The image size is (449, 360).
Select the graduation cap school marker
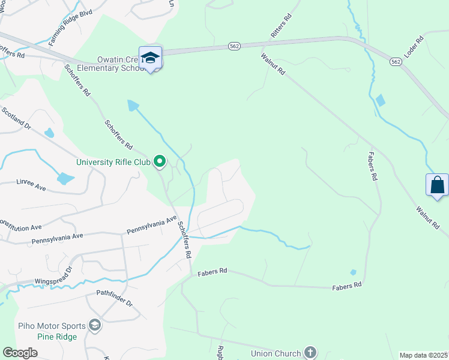pos(150,58)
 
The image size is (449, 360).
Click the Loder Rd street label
pos(414,47)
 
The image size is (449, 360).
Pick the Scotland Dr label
pos(16,118)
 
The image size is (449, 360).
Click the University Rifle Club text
pos(113,161)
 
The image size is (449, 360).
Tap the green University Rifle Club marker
pos(160,161)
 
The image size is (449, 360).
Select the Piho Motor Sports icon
pos(94,325)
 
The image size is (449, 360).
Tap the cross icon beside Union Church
pos(310,353)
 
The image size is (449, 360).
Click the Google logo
pos(20,353)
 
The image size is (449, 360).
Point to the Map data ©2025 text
pos(424,355)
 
